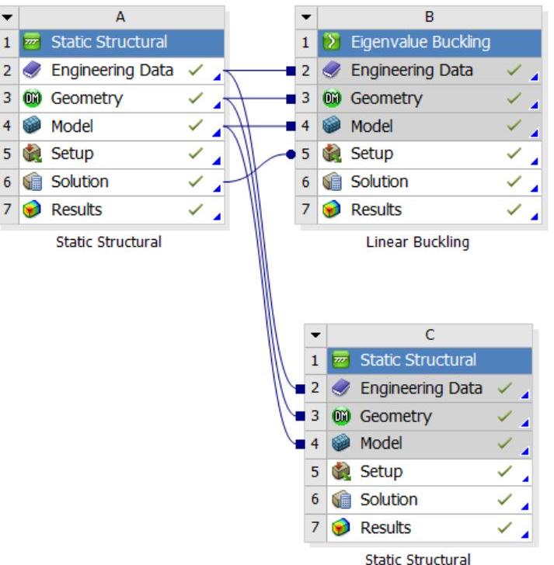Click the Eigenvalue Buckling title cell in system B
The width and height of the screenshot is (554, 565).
pyautogui.click(x=420, y=43)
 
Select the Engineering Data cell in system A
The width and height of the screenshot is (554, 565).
pyautogui.click(x=112, y=71)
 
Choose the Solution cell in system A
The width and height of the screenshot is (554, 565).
pyautogui.click(x=79, y=182)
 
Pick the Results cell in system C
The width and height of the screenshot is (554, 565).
pyautogui.click(x=385, y=528)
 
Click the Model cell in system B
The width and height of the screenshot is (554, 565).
pyautogui.click(x=371, y=126)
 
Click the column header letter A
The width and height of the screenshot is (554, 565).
pyautogui.click(x=120, y=16)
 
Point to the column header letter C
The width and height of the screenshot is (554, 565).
pyautogui.click(x=430, y=334)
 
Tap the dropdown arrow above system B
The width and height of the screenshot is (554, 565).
pyautogui.click(x=306, y=16)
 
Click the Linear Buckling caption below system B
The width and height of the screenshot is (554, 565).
pyautogui.click(x=418, y=242)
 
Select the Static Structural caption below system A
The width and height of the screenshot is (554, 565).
pyautogui.click(x=109, y=242)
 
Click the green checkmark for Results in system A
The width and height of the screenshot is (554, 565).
pyautogui.click(x=196, y=210)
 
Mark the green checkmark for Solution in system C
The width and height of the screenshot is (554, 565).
pyautogui.click(x=505, y=500)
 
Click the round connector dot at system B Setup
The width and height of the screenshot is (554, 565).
pyautogui.click(x=291, y=154)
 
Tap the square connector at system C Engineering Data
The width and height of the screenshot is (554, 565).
pyautogui.click(x=300, y=389)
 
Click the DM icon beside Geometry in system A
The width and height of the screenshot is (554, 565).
pyautogui.click(x=32, y=99)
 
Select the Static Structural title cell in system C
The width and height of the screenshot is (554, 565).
pyautogui.click(x=418, y=360)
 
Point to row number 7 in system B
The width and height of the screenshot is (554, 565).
pyautogui.click(x=305, y=210)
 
